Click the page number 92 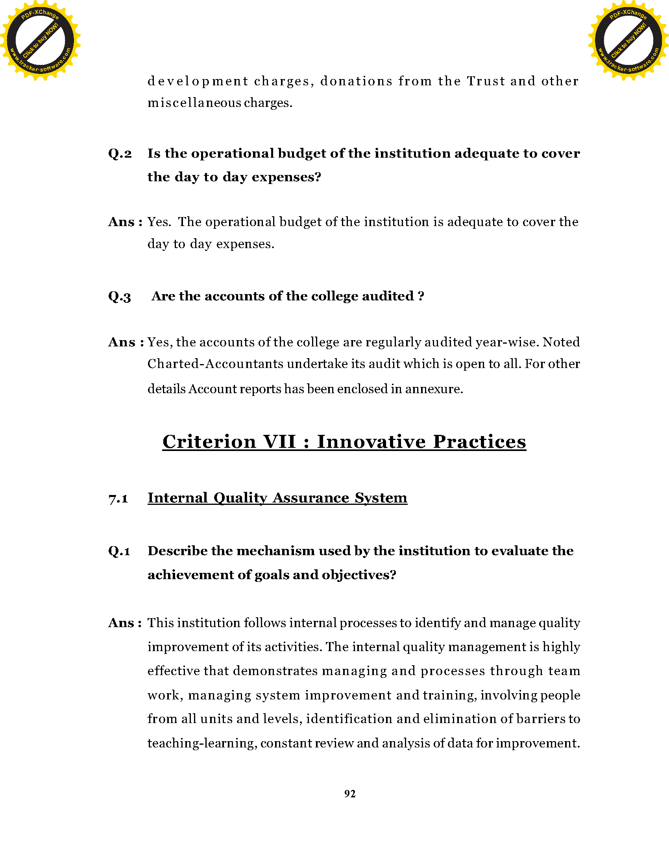350,794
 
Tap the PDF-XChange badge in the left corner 41,40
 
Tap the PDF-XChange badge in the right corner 628,40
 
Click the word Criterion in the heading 209,442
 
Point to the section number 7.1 118,498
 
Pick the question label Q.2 120,154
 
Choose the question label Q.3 119,296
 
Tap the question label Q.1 119,551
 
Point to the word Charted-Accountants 215,364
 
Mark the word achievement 190,575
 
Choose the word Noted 561,342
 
